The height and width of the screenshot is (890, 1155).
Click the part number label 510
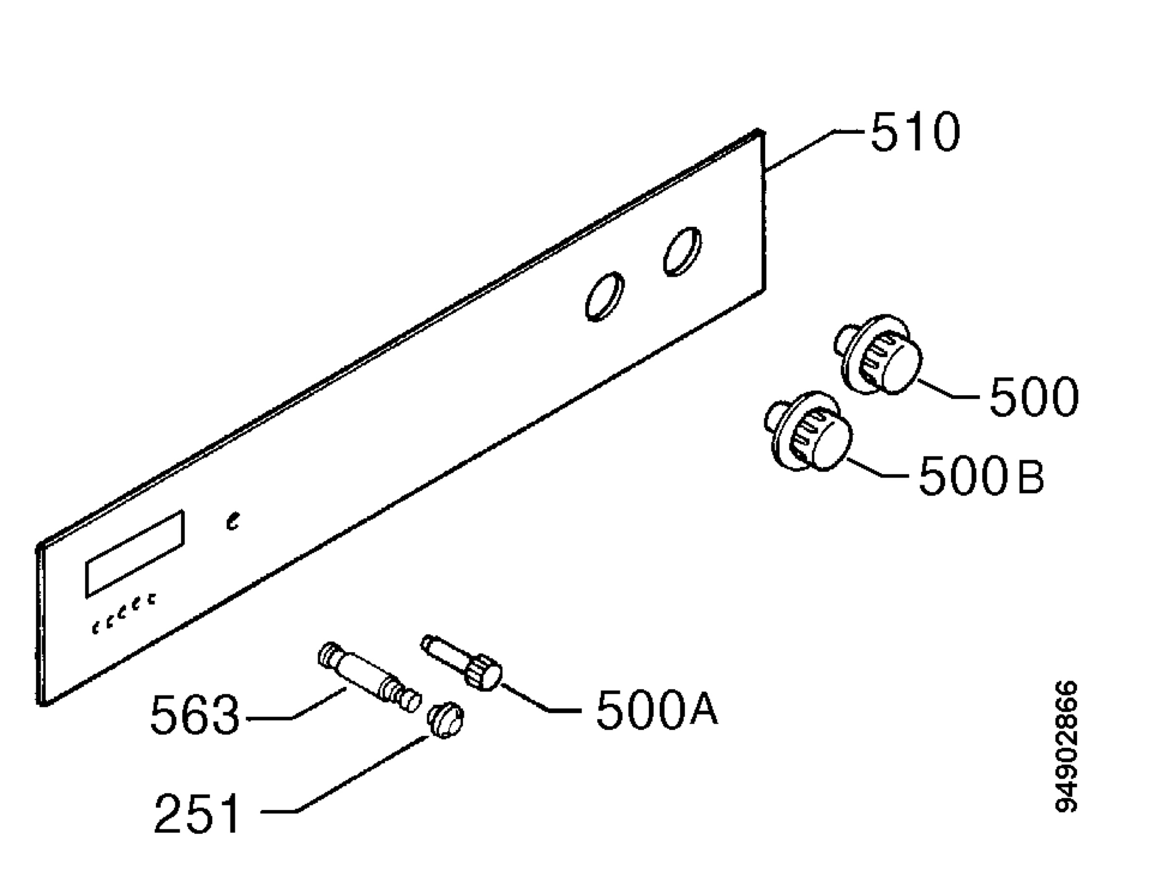tap(915, 132)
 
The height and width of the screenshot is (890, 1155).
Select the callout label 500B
tap(981, 475)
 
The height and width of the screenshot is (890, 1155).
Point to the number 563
tap(194, 715)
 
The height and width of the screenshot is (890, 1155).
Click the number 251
tap(197, 814)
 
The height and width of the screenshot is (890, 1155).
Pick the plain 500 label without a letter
tap(1034, 396)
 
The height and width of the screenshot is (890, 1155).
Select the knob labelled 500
tap(878, 354)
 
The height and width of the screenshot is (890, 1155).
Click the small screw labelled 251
tap(445, 720)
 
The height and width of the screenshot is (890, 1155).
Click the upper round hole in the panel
tap(683, 252)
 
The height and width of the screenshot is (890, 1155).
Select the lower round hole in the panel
tap(605, 297)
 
